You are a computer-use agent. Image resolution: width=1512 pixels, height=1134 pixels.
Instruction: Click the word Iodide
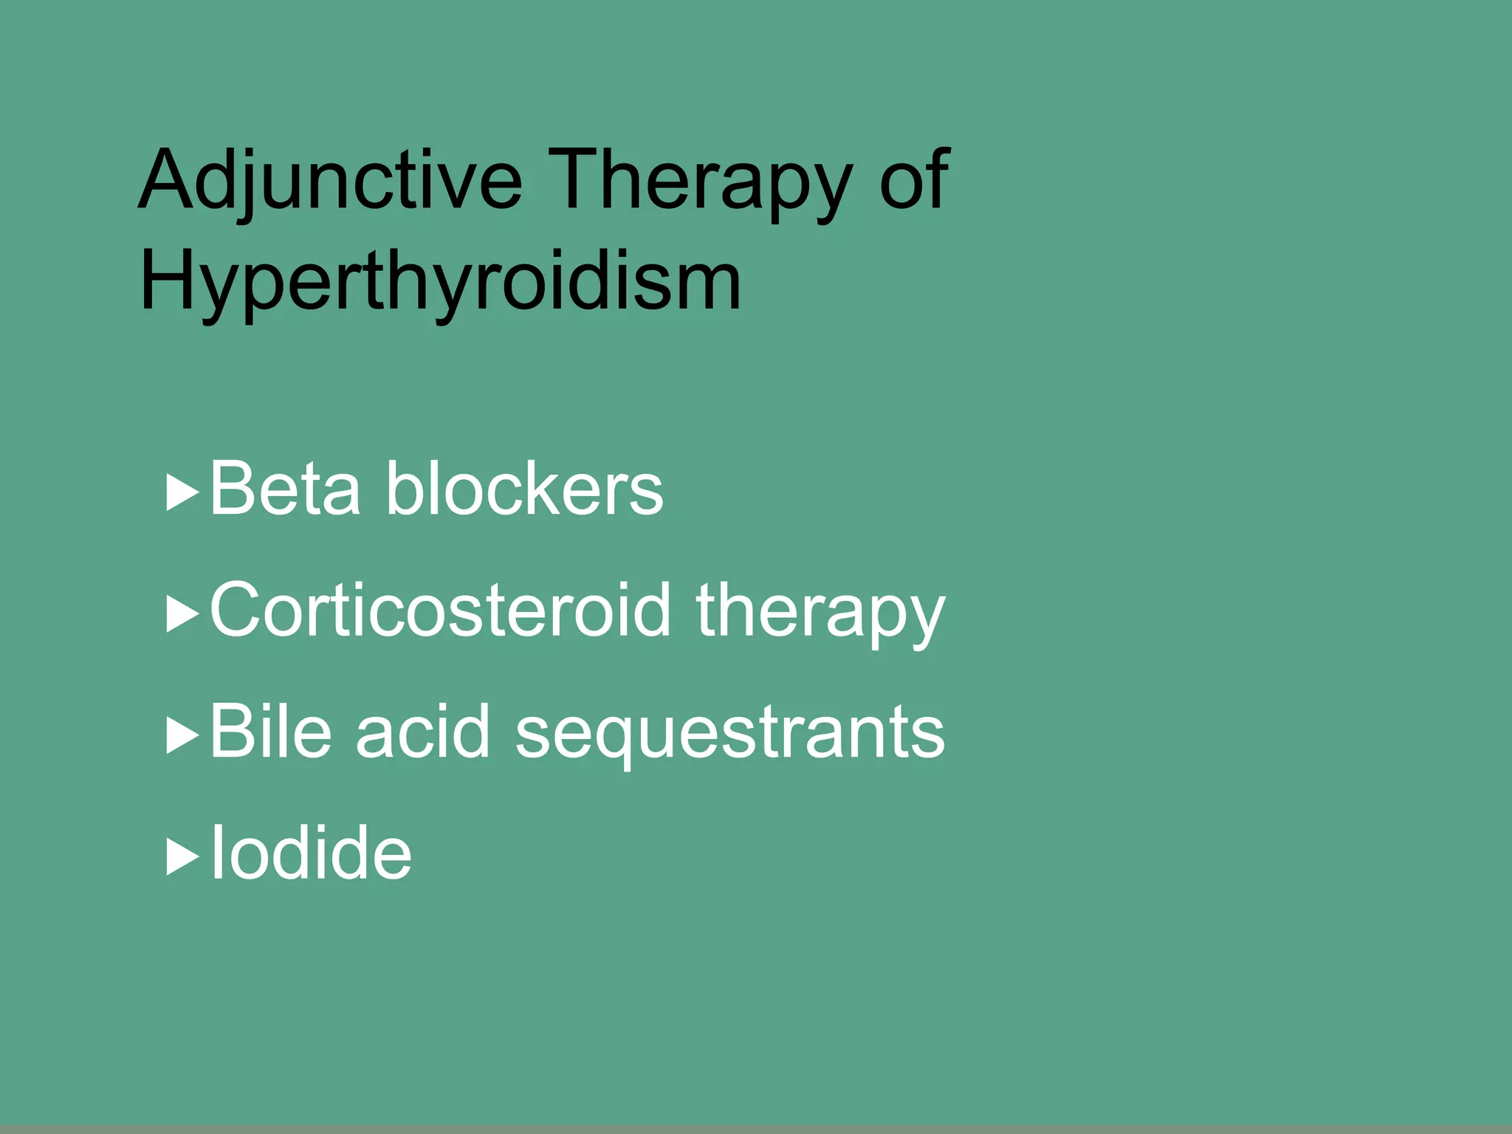(311, 853)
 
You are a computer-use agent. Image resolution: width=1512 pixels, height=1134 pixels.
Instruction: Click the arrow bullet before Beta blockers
(182, 492)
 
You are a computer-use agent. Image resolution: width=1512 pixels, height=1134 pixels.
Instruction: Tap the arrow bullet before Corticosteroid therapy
(182, 614)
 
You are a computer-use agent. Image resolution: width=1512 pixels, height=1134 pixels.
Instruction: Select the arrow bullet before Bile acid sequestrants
(182, 735)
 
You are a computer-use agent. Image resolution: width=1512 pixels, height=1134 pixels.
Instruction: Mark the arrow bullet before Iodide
(182, 857)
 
